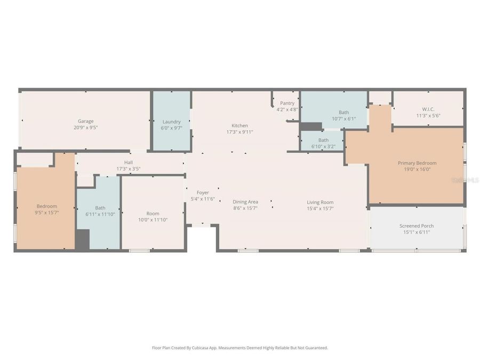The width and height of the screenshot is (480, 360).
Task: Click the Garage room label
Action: [86, 121]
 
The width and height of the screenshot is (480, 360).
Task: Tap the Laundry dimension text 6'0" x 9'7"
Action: [172, 128]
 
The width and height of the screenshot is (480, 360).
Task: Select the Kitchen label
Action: [239, 125]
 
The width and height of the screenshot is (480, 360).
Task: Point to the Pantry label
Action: [287, 103]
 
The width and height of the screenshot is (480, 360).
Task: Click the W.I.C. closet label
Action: [428, 109]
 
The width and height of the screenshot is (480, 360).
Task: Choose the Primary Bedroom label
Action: [417, 163]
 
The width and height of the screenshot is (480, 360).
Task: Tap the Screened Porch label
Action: [417, 226]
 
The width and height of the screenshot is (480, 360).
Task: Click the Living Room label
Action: [320, 202]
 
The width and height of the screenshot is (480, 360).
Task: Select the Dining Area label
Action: [245, 202]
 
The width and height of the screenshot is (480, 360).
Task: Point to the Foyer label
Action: [203, 193]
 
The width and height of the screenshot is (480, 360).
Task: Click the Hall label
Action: [129, 162]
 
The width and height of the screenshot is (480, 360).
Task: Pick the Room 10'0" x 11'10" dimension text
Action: [153, 220]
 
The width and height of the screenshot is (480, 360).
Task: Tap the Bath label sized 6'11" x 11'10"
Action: [100, 208]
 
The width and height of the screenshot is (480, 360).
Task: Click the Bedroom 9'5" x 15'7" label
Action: [46, 206]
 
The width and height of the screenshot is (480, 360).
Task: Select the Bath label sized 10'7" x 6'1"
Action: [343, 113]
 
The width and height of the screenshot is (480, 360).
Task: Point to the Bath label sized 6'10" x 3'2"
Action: [323, 140]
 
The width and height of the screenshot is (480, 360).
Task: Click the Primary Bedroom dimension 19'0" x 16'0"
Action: [417, 170]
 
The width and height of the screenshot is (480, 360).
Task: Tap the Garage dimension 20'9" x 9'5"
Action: [86, 127]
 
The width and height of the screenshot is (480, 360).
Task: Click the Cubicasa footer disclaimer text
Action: [240, 348]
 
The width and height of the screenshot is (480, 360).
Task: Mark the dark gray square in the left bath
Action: [82, 240]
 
